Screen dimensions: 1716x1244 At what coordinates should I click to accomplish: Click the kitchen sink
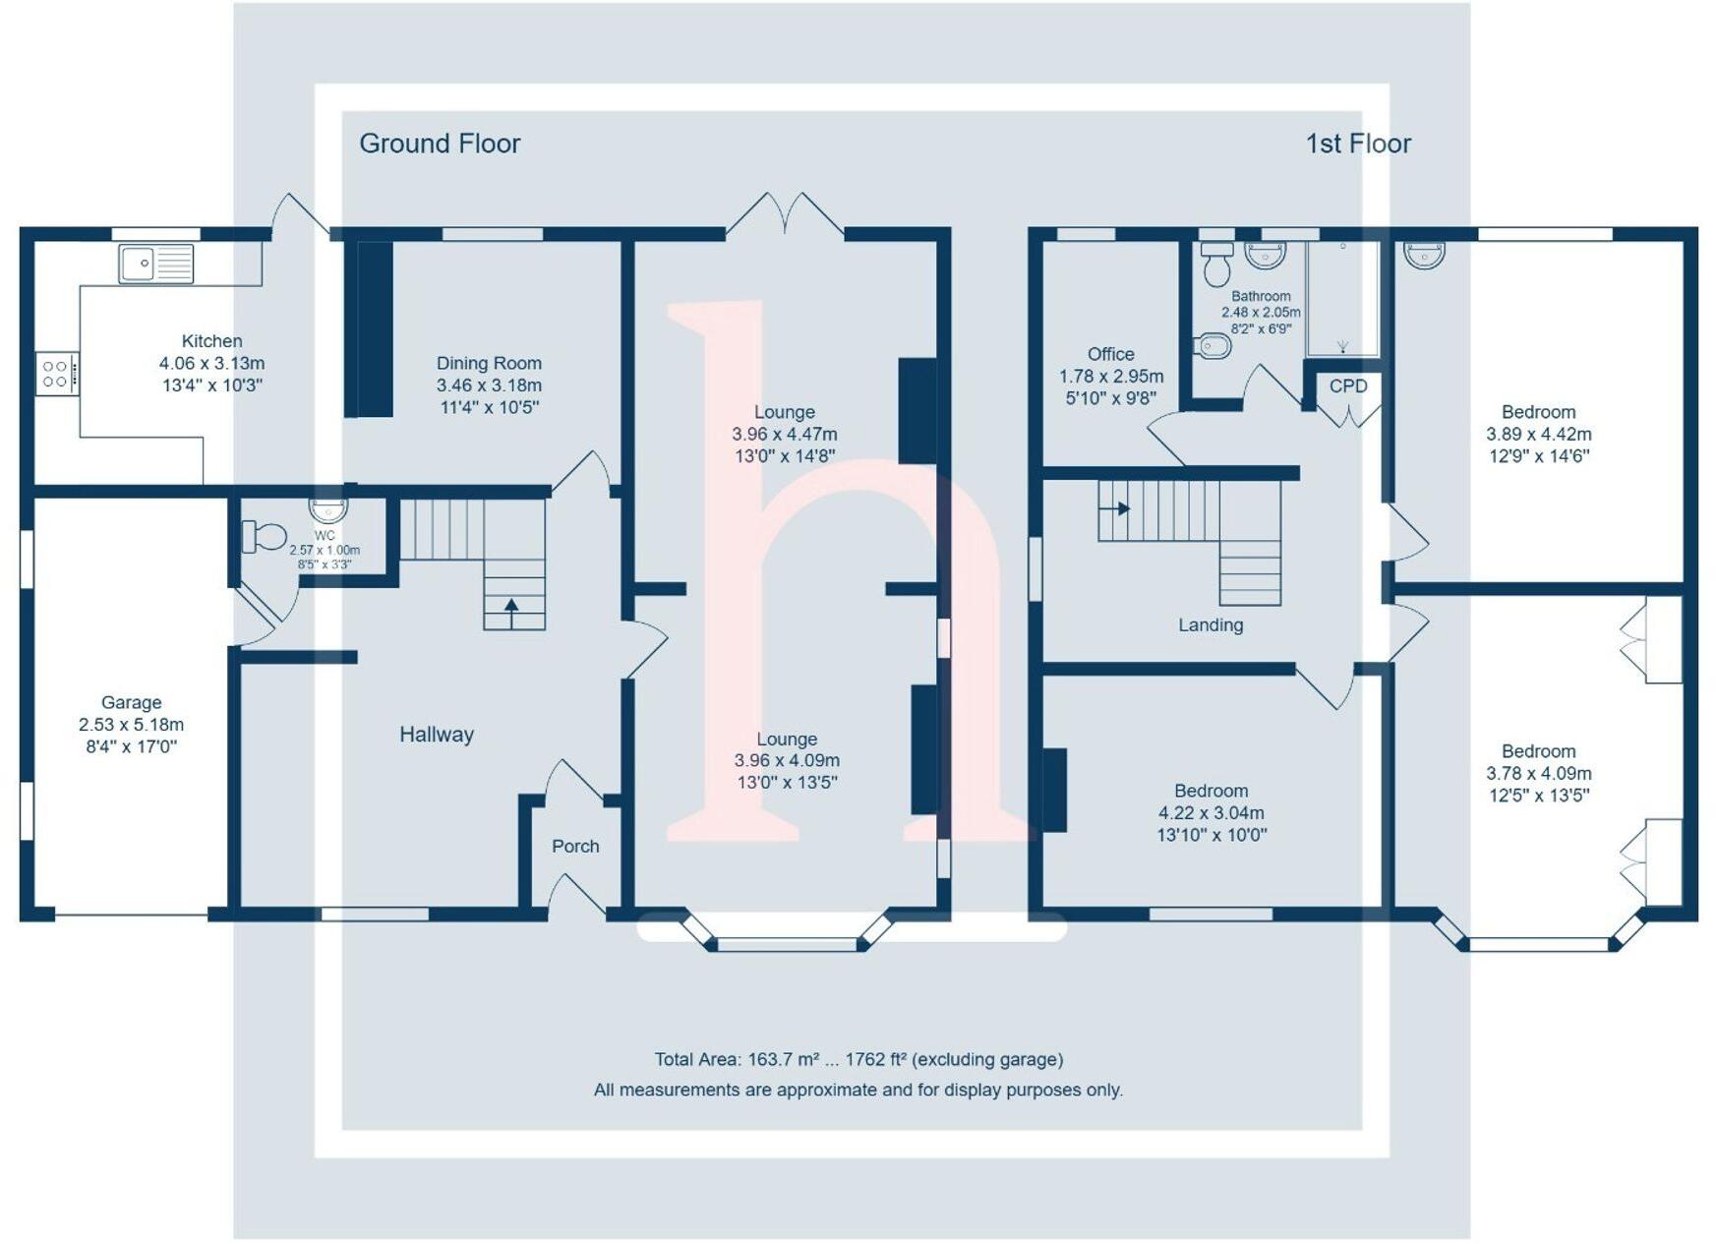[156, 264]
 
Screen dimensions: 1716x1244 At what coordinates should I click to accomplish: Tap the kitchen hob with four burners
[56, 374]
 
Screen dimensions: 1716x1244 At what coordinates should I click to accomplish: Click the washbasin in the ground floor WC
[328, 509]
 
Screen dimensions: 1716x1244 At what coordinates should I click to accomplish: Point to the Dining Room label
[489, 363]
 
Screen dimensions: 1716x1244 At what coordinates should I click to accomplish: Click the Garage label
[131, 702]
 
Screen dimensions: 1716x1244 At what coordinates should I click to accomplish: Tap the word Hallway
[437, 734]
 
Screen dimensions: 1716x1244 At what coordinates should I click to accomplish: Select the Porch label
[575, 846]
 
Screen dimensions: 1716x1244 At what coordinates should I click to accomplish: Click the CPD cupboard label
[1348, 385]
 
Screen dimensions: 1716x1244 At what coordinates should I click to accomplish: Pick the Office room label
[1111, 354]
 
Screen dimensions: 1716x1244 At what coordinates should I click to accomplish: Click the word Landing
[1211, 624]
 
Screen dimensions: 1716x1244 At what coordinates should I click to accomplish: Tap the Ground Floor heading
[440, 144]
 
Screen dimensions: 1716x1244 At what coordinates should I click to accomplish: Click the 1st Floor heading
[1358, 144]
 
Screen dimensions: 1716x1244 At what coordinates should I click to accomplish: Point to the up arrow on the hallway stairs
[511, 607]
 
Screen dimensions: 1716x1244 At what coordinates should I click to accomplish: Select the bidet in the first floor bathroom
[1213, 346]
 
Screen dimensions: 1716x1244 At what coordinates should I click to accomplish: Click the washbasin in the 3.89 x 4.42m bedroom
[1424, 255]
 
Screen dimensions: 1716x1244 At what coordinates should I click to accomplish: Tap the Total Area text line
[858, 1059]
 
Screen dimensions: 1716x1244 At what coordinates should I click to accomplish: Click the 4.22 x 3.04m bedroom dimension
[1212, 813]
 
